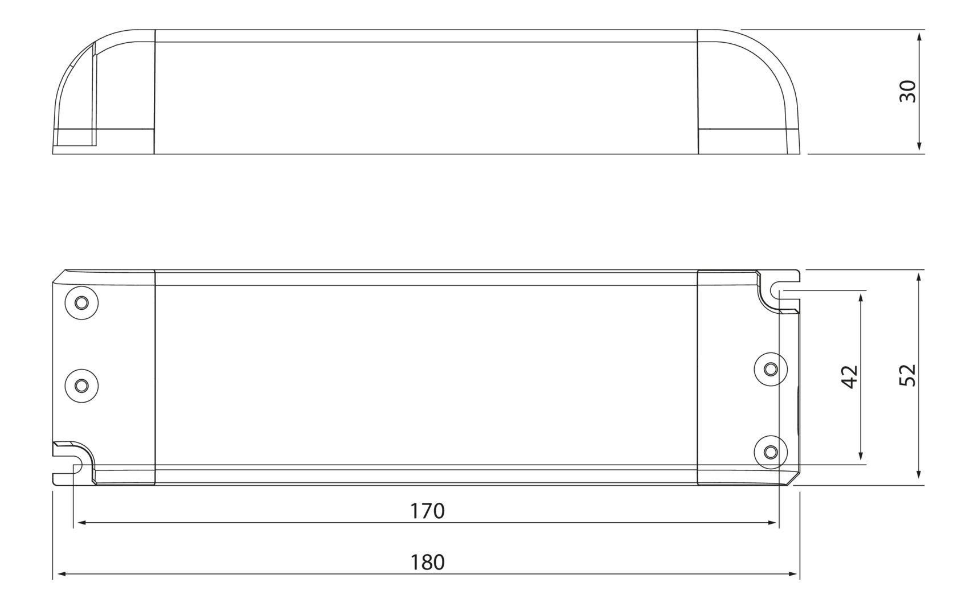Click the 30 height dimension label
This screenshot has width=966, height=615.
[907, 92]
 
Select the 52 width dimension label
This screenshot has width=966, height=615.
[907, 375]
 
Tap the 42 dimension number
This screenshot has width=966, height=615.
[850, 377]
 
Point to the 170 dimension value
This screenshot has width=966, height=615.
[427, 511]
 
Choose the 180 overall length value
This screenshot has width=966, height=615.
[427, 563]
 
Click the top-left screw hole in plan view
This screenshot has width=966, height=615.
[81, 303]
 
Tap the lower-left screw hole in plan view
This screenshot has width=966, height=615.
[81, 386]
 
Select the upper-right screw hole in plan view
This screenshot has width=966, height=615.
[771, 369]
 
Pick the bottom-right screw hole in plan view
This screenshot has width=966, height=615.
[771, 452]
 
